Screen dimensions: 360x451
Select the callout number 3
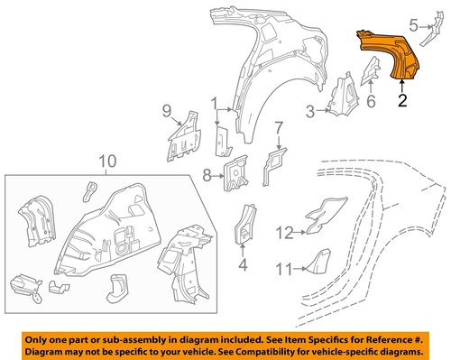coord(308,111)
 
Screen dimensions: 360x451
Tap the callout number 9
coord(167,111)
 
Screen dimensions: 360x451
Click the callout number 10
coord(106,162)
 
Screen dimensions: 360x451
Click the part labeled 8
coord(237,173)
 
